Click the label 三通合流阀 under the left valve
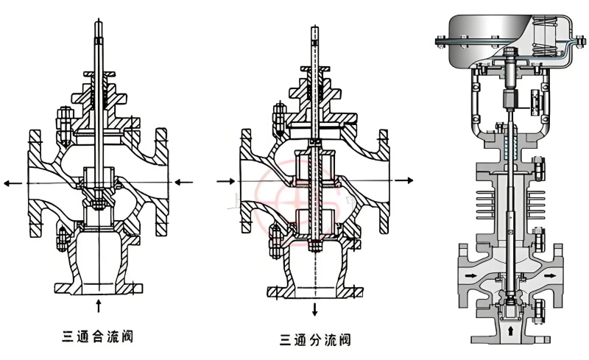98,337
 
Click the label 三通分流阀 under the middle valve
314,339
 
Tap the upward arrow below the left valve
99,303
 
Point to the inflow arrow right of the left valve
184,181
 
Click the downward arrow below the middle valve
314,308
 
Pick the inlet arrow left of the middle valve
225,180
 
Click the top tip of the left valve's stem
99,22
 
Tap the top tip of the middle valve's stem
314,24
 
